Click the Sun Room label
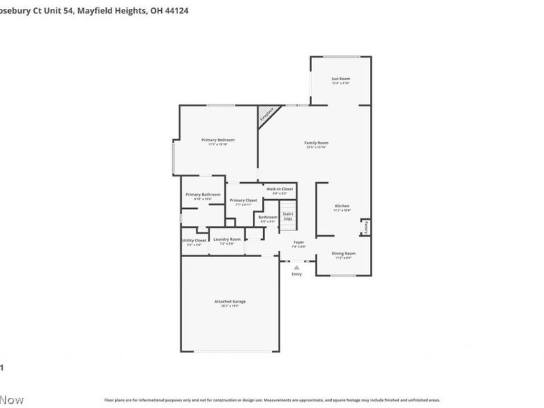click(340, 80)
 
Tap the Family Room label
click(317, 143)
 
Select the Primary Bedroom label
click(218, 140)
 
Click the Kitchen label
click(342, 206)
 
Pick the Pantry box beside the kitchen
click(366, 227)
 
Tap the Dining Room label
click(343, 254)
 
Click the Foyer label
click(298, 243)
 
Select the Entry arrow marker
click(296, 269)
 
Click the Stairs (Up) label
click(288, 216)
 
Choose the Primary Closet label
click(243, 201)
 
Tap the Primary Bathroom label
click(203, 195)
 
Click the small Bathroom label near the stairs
click(267, 218)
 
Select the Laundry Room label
click(226, 239)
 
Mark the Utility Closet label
click(194, 241)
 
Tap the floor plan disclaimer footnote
click(271, 401)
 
